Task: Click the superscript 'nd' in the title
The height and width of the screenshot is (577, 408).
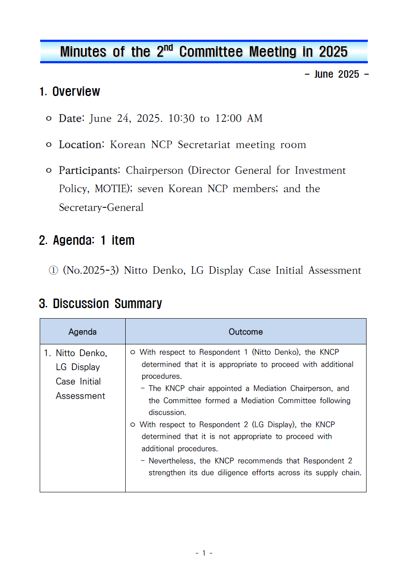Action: tap(168, 47)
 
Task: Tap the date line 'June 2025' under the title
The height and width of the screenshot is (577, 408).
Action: tap(336, 74)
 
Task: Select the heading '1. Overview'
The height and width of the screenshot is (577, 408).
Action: tap(70, 92)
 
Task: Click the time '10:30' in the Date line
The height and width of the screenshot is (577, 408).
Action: tap(181, 118)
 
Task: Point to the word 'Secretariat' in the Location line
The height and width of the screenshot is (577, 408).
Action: tap(204, 144)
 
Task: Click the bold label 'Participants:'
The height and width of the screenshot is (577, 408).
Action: tap(89, 170)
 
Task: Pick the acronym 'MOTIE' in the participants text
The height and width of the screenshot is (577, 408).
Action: tap(112, 189)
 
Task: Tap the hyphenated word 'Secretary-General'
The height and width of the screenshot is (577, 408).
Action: tap(101, 207)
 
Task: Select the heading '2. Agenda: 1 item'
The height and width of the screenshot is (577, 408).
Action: tap(87, 240)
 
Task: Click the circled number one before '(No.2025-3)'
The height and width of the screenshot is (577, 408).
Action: tap(53, 271)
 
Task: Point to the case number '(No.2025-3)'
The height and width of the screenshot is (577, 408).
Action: tap(91, 271)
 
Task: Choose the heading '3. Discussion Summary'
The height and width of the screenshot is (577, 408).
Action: tap(100, 304)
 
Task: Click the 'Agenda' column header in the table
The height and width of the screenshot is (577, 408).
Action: tap(82, 332)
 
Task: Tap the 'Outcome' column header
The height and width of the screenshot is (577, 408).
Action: tap(246, 332)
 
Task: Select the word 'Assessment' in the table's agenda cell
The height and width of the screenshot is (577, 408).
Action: tap(80, 396)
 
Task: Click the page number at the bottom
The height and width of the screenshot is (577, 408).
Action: tap(204, 553)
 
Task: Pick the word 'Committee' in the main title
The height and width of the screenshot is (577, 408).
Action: tap(211, 52)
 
